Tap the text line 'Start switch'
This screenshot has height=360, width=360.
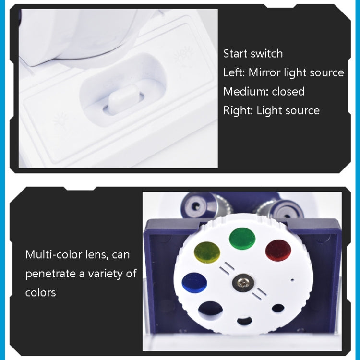click(x=253, y=53)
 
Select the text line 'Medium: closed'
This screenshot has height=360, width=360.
click(x=264, y=91)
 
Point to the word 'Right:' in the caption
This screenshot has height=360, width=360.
click(x=238, y=110)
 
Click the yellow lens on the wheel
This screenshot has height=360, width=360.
click(x=206, y=252)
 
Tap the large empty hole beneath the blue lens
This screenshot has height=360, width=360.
click(x=210, y=310)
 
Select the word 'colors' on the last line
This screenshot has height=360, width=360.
click(x=41, y=292)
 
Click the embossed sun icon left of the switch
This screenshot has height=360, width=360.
click(x=60, y=118)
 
